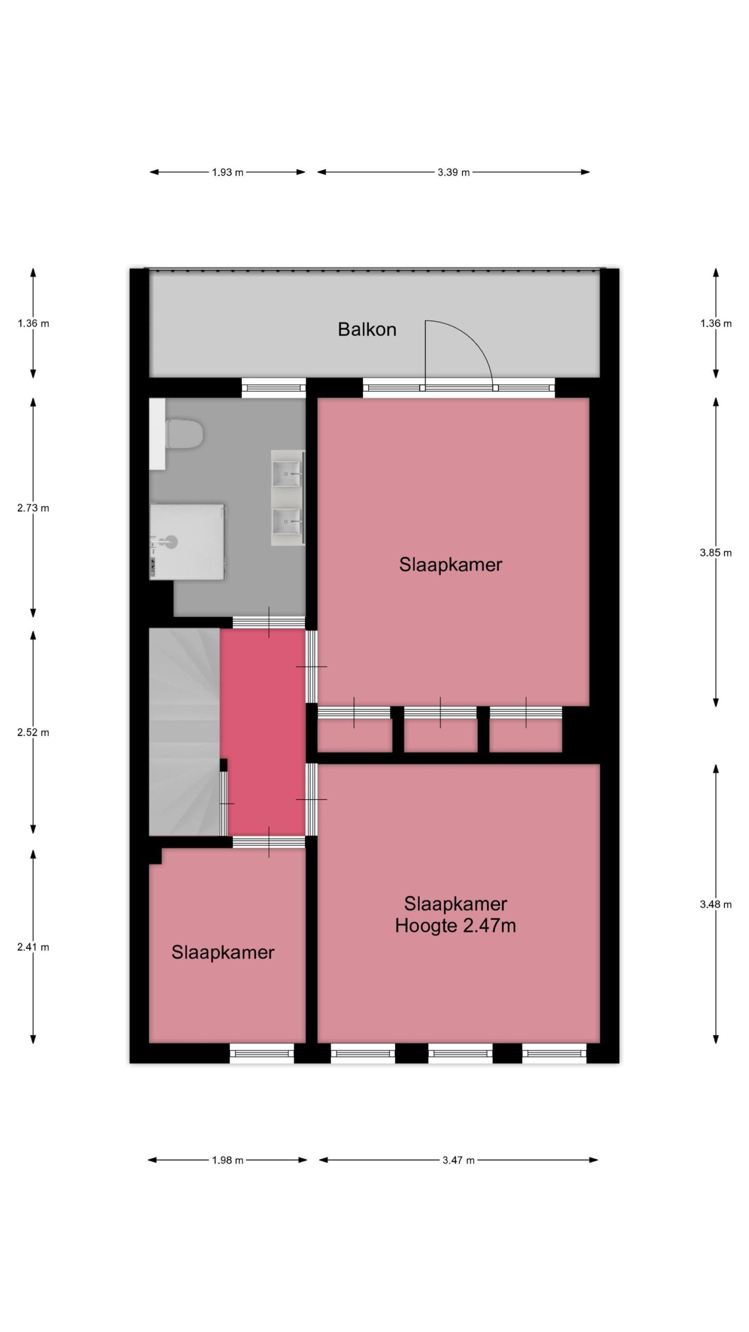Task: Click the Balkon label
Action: (x=367, y=329)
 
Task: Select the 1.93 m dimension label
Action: (x=227, y=172)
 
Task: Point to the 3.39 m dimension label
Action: (x=454, y=172)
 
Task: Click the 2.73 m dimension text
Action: (x=33, y=508)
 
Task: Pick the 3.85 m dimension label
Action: (x=716, y=553)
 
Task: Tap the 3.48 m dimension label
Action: (x=716, y=904)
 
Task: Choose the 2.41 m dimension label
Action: (x=33, y=947)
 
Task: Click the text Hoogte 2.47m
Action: (x=455, y=926)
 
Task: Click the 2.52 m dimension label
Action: (x=33, y=733)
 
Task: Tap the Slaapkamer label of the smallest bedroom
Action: (x=223, y=953)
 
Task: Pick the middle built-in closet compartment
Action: (x=441, y=735)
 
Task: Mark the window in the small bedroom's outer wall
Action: (x=262, y=1054)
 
